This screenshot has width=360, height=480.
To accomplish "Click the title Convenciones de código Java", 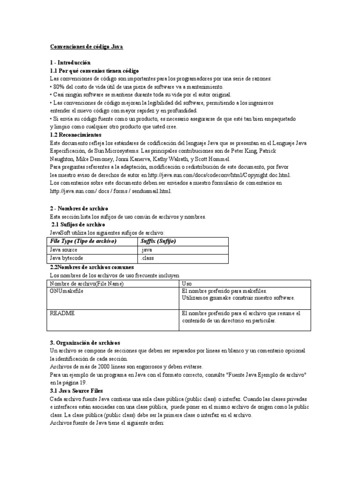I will tap(86, 47).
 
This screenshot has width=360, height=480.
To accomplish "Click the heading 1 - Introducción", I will tap(70, 62).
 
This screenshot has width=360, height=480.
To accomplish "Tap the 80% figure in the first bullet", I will tap(59, 87).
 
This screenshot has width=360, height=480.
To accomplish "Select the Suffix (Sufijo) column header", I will tap(158, 241).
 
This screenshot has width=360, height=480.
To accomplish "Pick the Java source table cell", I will tap(64, 250).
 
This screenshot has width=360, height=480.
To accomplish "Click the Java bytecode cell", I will tap(67, 258).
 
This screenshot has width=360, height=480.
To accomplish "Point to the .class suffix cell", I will tap(148, 258).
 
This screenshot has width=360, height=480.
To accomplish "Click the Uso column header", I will tap(187, 284).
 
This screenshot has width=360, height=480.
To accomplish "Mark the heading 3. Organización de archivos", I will tap(85, 343).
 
